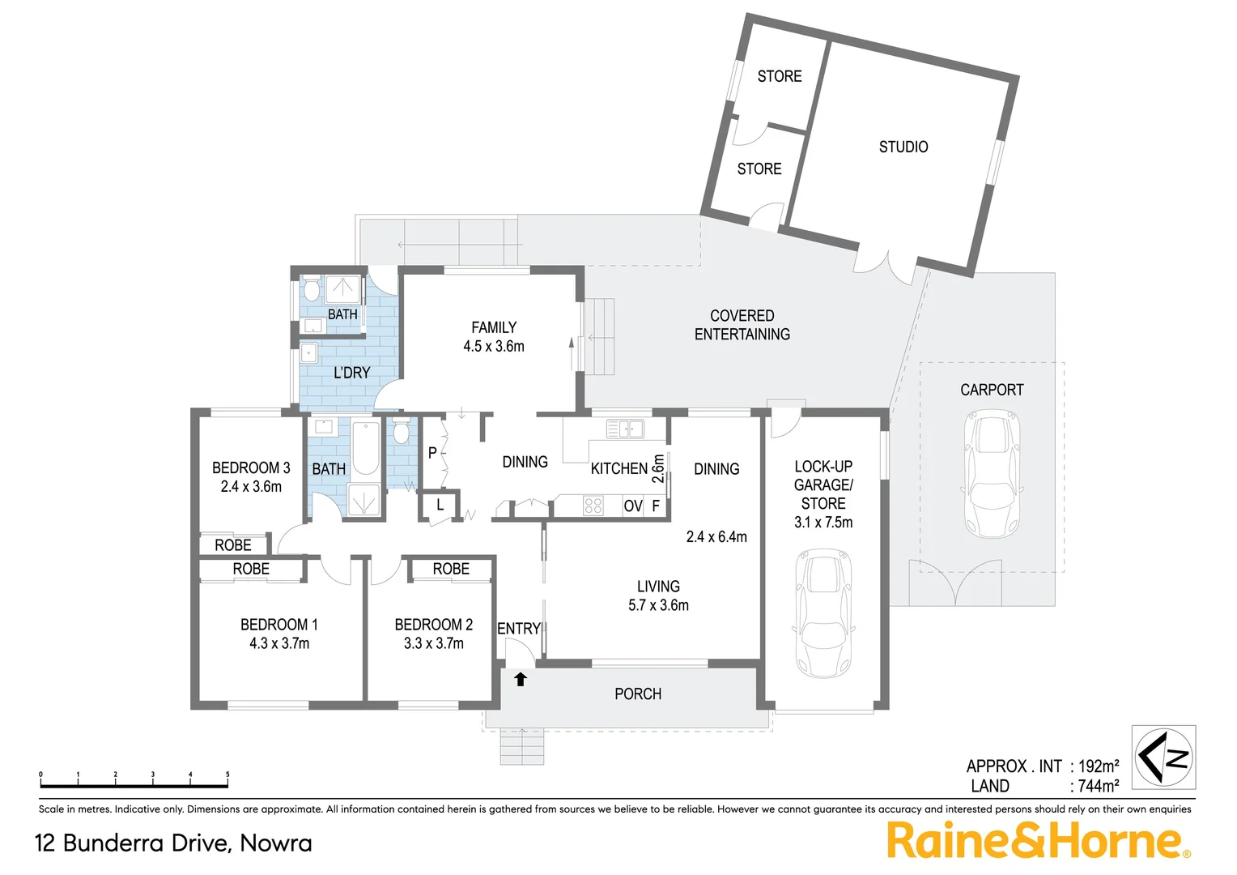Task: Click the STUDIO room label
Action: [903, 147]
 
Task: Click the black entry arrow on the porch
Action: [521, 679]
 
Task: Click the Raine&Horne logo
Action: [1037, 840]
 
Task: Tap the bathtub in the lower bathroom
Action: [366, 449]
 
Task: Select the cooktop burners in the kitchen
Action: [593, 506]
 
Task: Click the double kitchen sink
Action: [625, 429]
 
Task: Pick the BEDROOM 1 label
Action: [279, 625]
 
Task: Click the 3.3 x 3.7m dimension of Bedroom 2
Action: [434, 643]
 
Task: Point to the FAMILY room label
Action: [494, 327]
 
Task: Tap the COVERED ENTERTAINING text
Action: [742, 325]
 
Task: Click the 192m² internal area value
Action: [1099, 766]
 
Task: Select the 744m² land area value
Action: [1099, 786]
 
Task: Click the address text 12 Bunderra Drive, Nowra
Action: [173, 843]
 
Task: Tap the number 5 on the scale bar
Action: [227, 775]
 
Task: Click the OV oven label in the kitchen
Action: [632, 506]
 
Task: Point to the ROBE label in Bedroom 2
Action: [451, 569]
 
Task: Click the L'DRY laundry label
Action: [351, 373]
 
